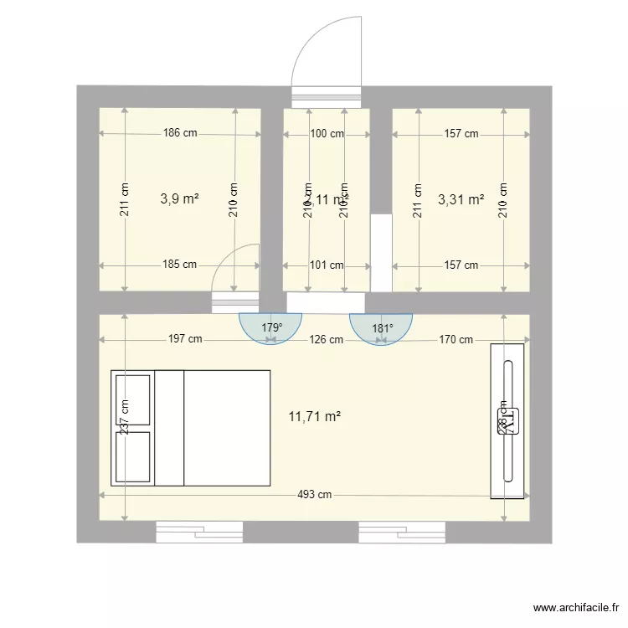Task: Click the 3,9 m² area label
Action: (x=179, y=199)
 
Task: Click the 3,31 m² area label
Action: (x=461, y=199)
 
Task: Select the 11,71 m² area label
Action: (x=314, y=415)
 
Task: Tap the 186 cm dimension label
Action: (x=180, y=132)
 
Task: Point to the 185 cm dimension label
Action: (x=180, y=265)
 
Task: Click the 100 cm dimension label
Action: (x=327, y=133)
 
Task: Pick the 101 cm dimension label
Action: (x=327, y=265)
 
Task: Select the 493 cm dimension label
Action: (x=314, y=494)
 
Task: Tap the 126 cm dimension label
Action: (x=326, y=339)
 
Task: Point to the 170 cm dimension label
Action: (x=456, y=339)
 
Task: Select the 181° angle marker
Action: (x=381, y=327)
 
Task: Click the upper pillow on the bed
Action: (x=133, y=399)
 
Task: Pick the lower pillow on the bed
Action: (x=133, y=456)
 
